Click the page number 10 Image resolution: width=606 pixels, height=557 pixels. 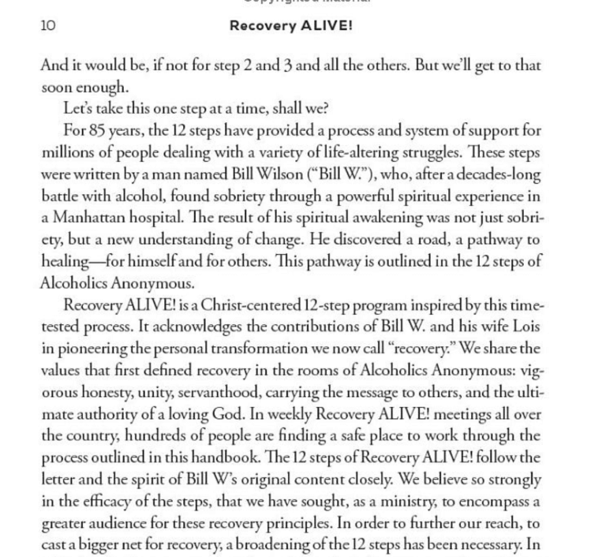(48, 25)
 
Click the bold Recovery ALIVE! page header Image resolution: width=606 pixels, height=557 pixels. (290, 25)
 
